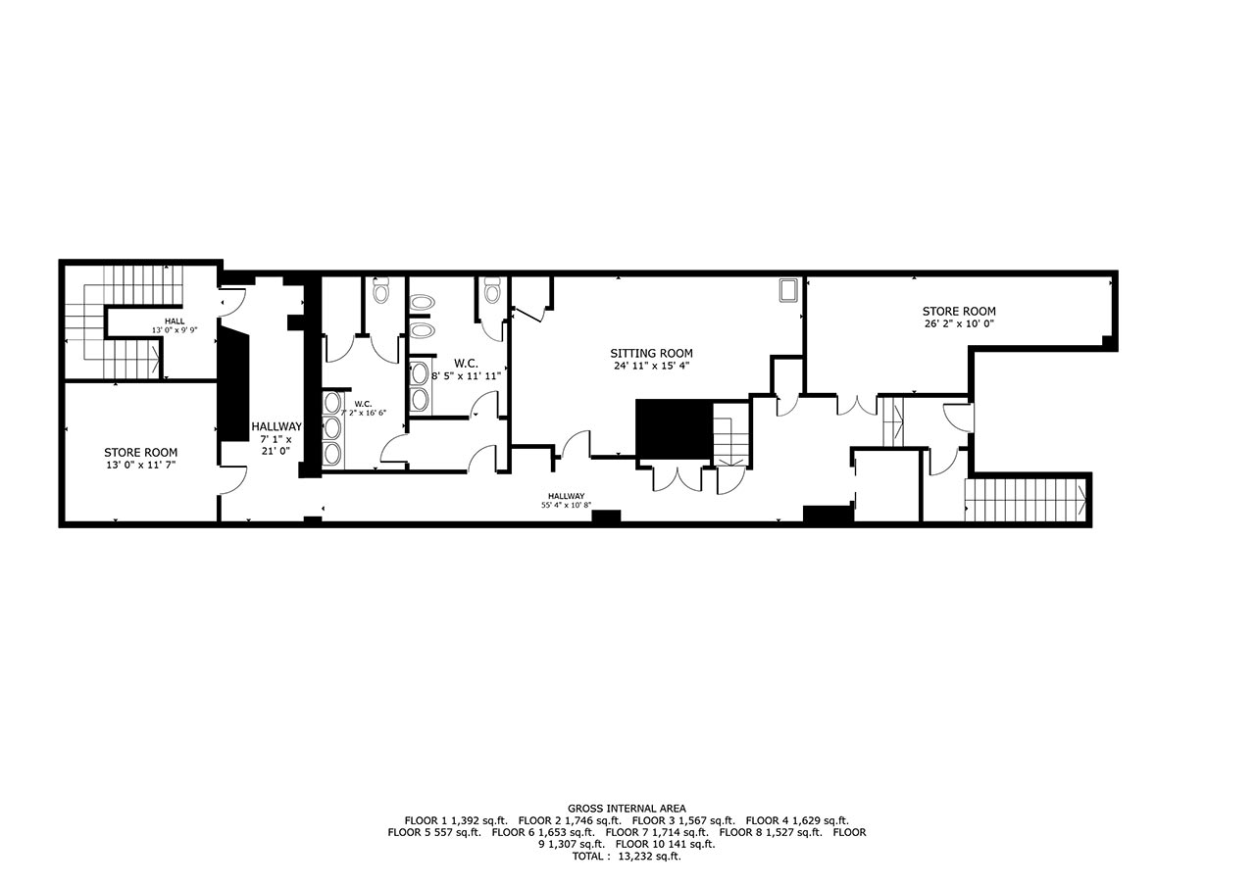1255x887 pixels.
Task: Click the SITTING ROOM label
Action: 651,354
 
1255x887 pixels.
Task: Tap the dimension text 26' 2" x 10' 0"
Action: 959,323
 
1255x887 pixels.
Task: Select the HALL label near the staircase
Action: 175,321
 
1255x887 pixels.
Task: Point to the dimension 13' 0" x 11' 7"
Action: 140,465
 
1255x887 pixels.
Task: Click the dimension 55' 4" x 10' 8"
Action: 566,505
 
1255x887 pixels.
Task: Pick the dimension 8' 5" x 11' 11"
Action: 466,376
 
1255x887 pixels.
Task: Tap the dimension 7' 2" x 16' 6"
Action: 363,413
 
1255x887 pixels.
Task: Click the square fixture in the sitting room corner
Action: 788,290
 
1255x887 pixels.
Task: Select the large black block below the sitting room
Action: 674,429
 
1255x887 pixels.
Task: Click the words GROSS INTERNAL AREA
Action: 627,809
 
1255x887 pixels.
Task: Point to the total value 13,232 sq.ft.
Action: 649,857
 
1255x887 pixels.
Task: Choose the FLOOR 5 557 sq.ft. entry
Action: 434,832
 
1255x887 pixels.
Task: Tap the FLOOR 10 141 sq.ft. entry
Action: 665,844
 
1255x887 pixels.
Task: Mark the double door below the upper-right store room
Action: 856,406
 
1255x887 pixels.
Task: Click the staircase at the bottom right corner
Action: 1027,500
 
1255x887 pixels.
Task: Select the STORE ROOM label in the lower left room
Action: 140,453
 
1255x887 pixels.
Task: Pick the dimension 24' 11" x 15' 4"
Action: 651,367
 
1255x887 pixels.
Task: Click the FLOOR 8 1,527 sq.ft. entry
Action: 771,832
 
